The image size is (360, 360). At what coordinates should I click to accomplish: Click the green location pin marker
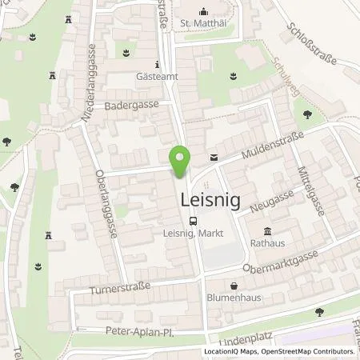182,163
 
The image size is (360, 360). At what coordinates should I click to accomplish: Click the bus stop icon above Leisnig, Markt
192,222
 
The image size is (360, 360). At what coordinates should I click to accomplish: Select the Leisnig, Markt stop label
192,234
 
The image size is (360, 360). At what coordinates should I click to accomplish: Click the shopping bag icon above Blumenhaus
232,285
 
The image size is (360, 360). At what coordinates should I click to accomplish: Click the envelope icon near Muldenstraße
213,158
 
